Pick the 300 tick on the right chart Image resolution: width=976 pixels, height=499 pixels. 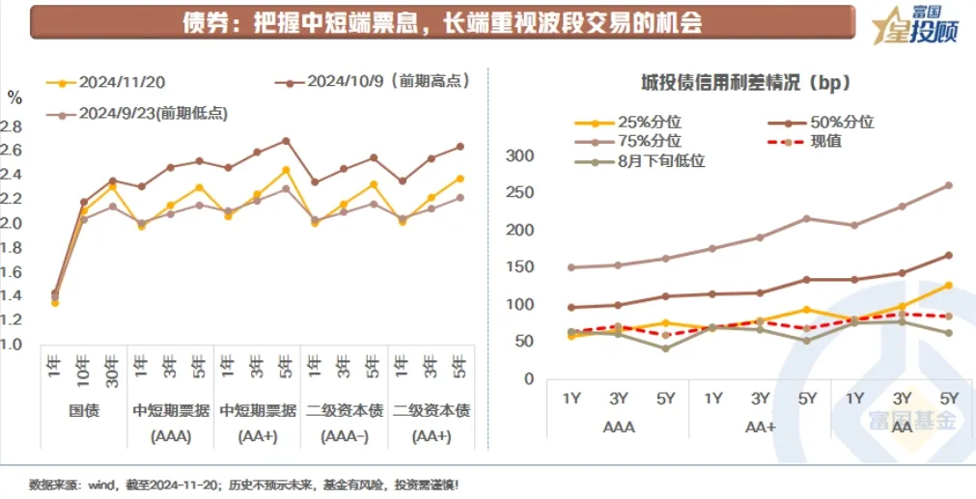(520, 156)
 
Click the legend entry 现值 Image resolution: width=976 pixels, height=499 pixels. (825, 142)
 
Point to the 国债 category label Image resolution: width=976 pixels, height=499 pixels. (81, 410)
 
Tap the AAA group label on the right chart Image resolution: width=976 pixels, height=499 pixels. (618, 426)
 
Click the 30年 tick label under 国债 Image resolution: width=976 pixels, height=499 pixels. (112, 371)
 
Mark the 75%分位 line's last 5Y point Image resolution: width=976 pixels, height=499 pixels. (948, 185)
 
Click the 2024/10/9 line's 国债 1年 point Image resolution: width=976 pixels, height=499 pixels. (54, 293)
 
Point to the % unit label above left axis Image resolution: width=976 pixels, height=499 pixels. (14, 97)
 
